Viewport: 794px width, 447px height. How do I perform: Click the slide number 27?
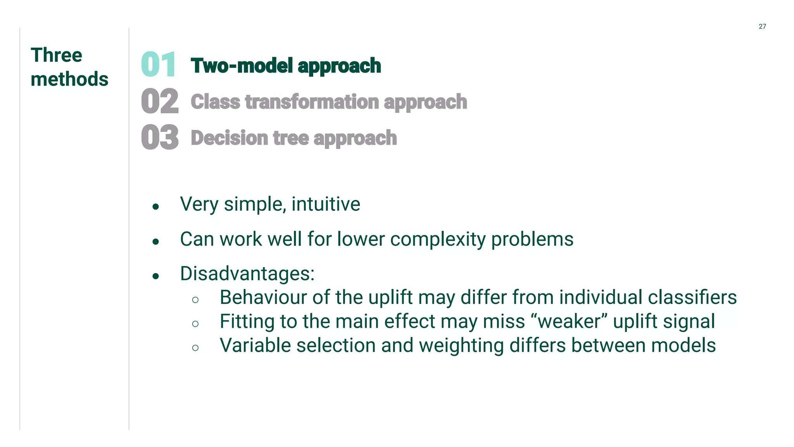[x=762, y=26]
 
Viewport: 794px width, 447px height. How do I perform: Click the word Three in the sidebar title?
[x=56, y=55]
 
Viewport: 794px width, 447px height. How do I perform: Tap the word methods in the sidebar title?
[x=69, y=79]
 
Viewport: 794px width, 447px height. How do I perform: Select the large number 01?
[x=159, y=64]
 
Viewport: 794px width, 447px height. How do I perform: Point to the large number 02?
[x=160, y=101]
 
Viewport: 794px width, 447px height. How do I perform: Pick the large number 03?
[x=160, y=137]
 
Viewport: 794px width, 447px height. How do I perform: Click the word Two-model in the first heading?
[x=241, y=66]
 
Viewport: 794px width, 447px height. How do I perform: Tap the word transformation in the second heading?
[x=312, y=102]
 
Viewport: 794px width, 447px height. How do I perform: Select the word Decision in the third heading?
[x=229, y=138]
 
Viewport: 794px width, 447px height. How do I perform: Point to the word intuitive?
[x=326, y=204]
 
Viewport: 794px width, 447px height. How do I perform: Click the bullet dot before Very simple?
[x=156, y=207]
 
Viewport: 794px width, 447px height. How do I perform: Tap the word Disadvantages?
[x=247, y=274]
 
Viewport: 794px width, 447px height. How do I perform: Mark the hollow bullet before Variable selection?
[x=195, y=348]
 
